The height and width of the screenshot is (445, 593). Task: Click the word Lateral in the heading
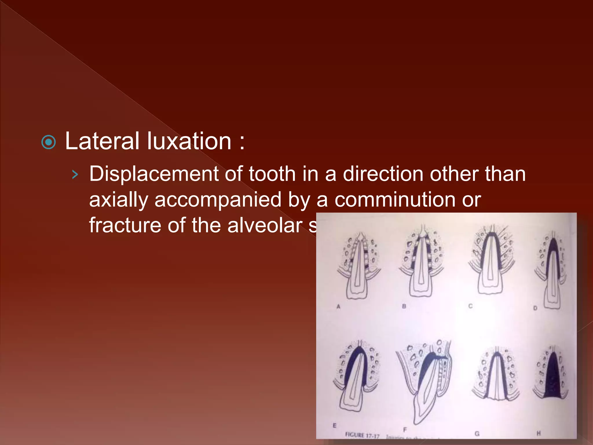[102, 141]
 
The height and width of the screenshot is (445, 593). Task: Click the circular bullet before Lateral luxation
[49, 142]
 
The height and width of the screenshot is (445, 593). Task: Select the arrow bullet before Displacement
[75, 174]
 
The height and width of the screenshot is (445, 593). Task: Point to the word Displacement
[154, 174]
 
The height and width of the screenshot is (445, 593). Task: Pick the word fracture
[125, 225]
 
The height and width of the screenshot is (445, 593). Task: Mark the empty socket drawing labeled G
[496, 375]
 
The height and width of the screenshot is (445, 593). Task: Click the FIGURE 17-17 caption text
[362, 435]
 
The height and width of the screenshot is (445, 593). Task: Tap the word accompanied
[218, 200]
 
